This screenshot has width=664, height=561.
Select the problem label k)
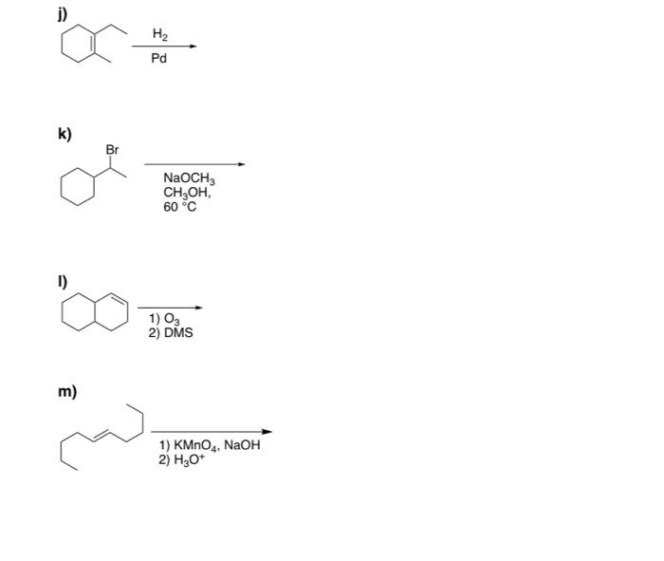click(65, 134)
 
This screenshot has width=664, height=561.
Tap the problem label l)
click(63, 281)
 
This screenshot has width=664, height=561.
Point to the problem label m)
click(67, 391)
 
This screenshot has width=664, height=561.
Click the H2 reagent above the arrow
click(160, 34)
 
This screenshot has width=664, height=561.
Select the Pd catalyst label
click(158, 58)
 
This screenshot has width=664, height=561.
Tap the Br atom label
click(112, 150)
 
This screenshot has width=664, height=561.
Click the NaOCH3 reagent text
click(189, 179)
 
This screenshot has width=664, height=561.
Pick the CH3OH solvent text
click(187, 194)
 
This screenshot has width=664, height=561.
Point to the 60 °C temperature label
click(179, 207)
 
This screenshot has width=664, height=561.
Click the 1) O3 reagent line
click(164, 319)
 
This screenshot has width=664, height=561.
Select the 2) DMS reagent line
click(171, 332)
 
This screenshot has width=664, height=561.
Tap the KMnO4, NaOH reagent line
click(210, 445)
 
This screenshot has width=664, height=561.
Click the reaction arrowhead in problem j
click(194, 47)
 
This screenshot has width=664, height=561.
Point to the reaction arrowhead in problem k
click(241, 164)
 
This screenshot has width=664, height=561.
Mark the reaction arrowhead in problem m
click(267, 432)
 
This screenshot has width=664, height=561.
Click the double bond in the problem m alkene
click(102, 434)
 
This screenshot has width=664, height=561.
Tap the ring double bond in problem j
click(94, 44)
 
